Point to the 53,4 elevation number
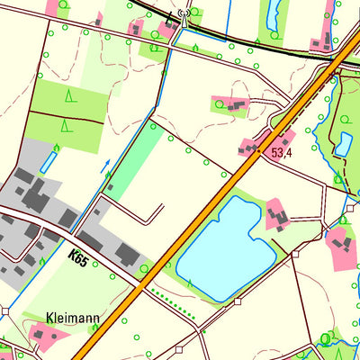coord(283,154)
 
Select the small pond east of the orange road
coord(344,143)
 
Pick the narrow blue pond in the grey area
coord(47,162)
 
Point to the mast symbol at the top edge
coord(184,13)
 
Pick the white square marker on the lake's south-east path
coord(294,254)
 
